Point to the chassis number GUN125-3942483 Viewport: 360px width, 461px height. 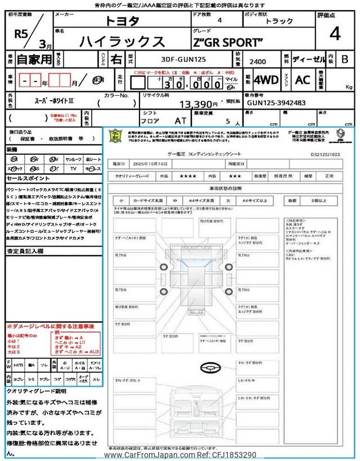[x=276, y=103]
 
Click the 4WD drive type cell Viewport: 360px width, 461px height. [x=266, y=80]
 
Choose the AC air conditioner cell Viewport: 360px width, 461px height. [x=303, y=80]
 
